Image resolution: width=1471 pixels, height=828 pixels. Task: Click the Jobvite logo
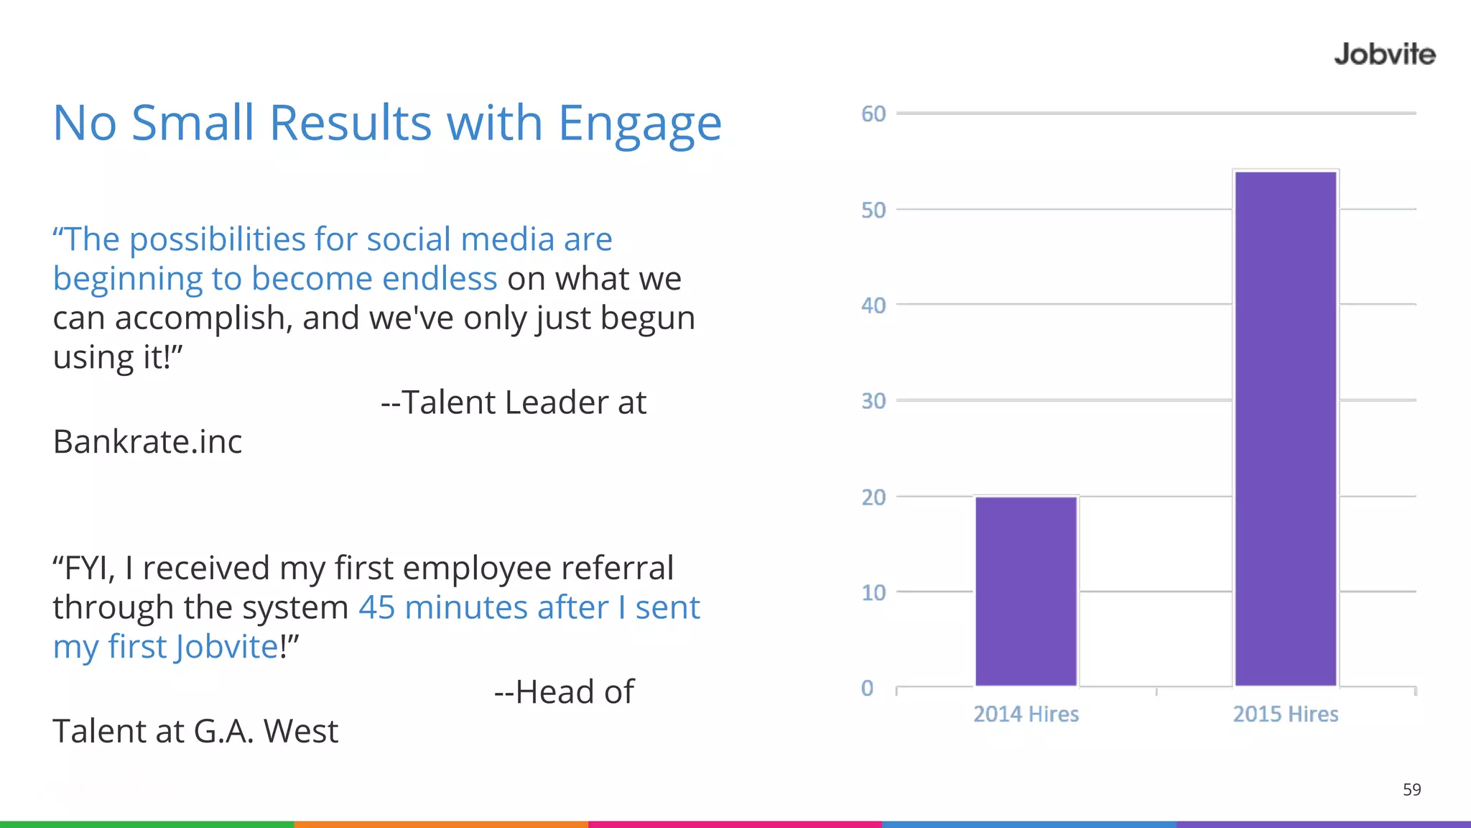click(1384, 55)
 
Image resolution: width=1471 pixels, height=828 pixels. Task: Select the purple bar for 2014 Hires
click(1026, 591)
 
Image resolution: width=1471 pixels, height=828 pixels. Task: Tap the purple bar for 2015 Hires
click(1285, 428)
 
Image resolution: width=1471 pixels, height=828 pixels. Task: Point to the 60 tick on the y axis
click(873, 114)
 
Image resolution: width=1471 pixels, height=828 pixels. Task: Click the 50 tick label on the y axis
click(873, 210)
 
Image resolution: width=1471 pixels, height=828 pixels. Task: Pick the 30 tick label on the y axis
click(873, 401)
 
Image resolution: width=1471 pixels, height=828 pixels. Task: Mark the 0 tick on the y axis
click(868, 688)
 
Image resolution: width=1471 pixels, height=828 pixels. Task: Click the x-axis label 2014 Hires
click(1026, 714)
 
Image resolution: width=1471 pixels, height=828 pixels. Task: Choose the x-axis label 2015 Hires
click(1285, 714)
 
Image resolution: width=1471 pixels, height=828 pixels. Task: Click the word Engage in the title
click(639, 124)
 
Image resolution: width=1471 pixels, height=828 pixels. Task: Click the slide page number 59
click(1411, 790)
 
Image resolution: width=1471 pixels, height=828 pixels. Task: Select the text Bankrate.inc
click(147, 441)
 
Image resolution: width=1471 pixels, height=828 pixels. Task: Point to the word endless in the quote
click(440, 279)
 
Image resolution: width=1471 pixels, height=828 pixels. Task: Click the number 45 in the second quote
click(376, 607)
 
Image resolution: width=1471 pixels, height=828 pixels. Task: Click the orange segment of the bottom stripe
click(441, 824)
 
